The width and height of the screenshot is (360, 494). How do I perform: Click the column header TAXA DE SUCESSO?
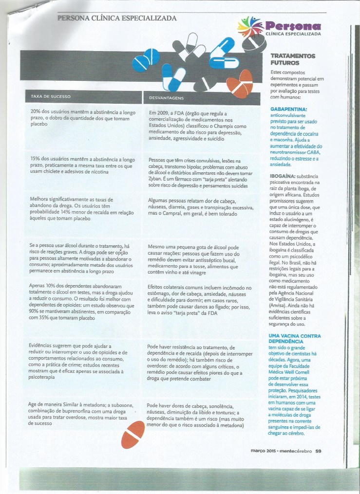click(51, 96)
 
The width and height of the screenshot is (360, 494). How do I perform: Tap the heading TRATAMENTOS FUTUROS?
click(293, 59)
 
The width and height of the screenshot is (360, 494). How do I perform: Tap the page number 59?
click(318, 451)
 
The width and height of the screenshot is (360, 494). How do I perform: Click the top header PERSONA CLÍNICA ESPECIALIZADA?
click(117, 18)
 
